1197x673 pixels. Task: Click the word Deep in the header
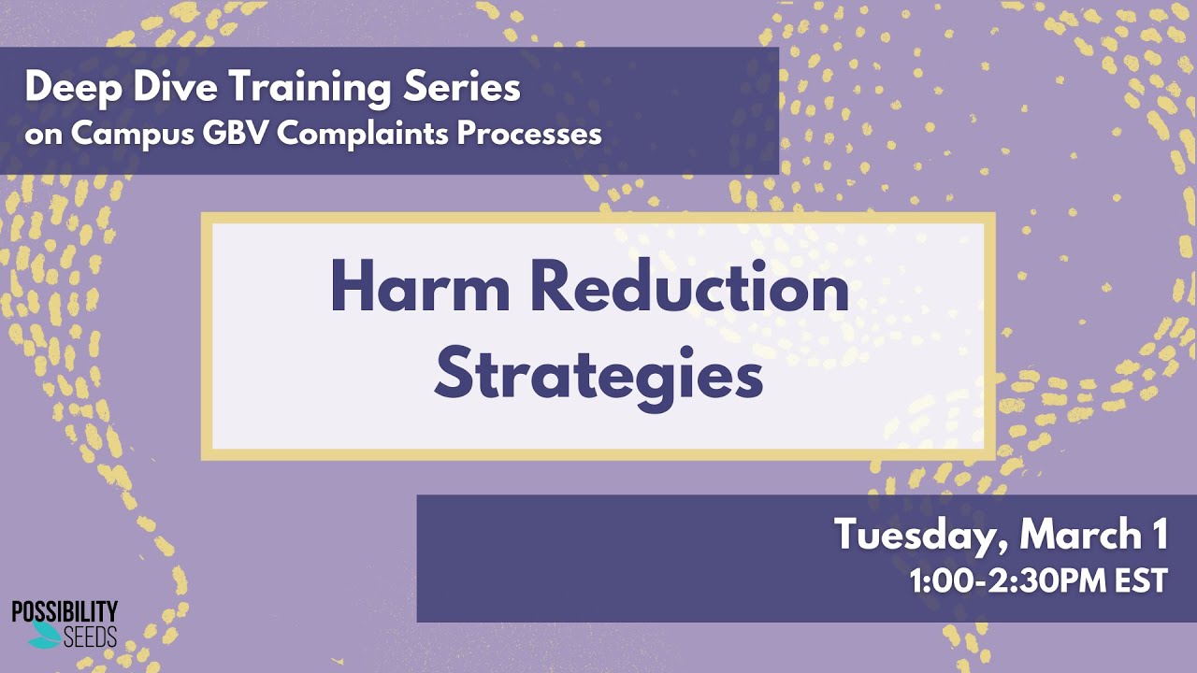(x=73, y=89)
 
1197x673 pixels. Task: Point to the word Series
(x=462, y=87)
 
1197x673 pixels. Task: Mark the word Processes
(x=529, y=135)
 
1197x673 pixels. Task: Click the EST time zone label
(x=1140, y=581)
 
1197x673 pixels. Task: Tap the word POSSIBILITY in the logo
(x=65, y=612)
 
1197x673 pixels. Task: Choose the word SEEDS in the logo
(x=90, y=637)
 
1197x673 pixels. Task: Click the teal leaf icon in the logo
(x=44, y=636)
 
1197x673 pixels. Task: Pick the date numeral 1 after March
(x=1161, y=533)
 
